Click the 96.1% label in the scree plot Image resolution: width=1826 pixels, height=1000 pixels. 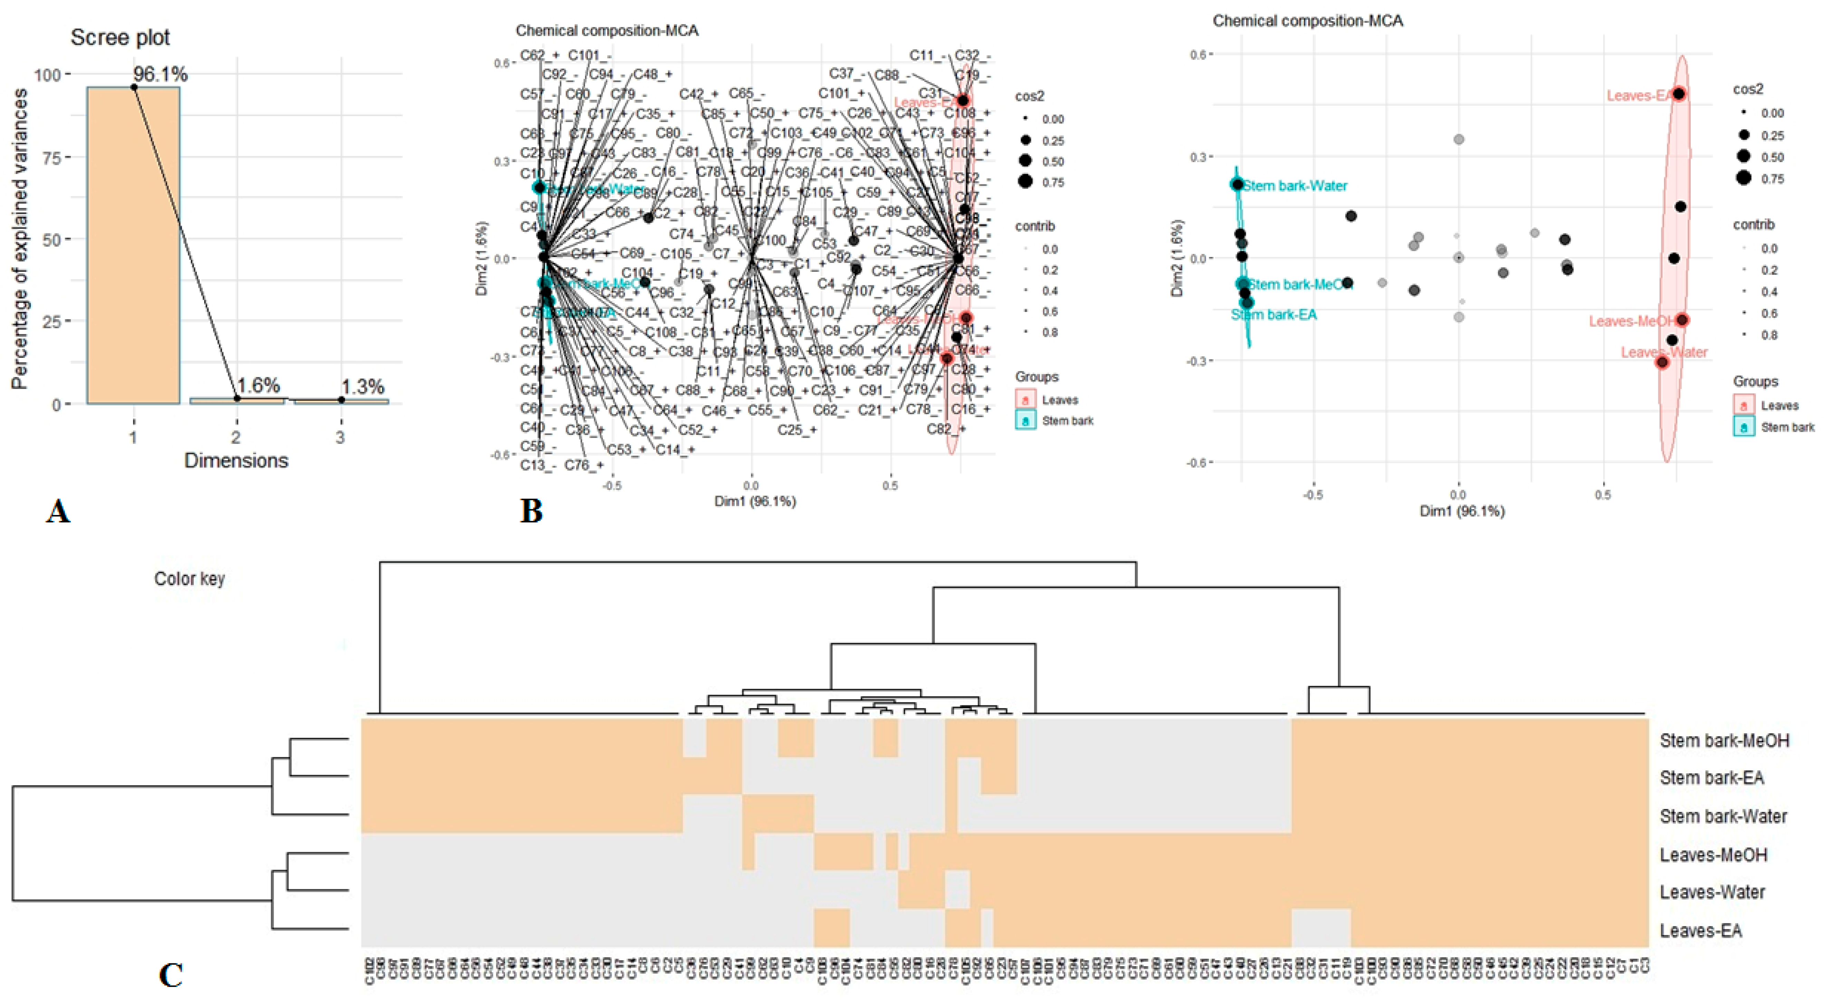click(x=160, y=74)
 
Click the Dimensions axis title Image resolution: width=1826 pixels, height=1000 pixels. click(x=236, y=461)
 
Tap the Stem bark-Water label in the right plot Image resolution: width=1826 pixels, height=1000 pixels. click(x=1294, y=186)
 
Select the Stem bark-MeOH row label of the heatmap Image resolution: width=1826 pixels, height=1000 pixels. click(x=1724, y=741)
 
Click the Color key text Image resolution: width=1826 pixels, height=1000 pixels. click(x=189, y=579)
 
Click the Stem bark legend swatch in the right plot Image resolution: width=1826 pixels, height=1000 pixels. click(x=1744, y=427)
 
